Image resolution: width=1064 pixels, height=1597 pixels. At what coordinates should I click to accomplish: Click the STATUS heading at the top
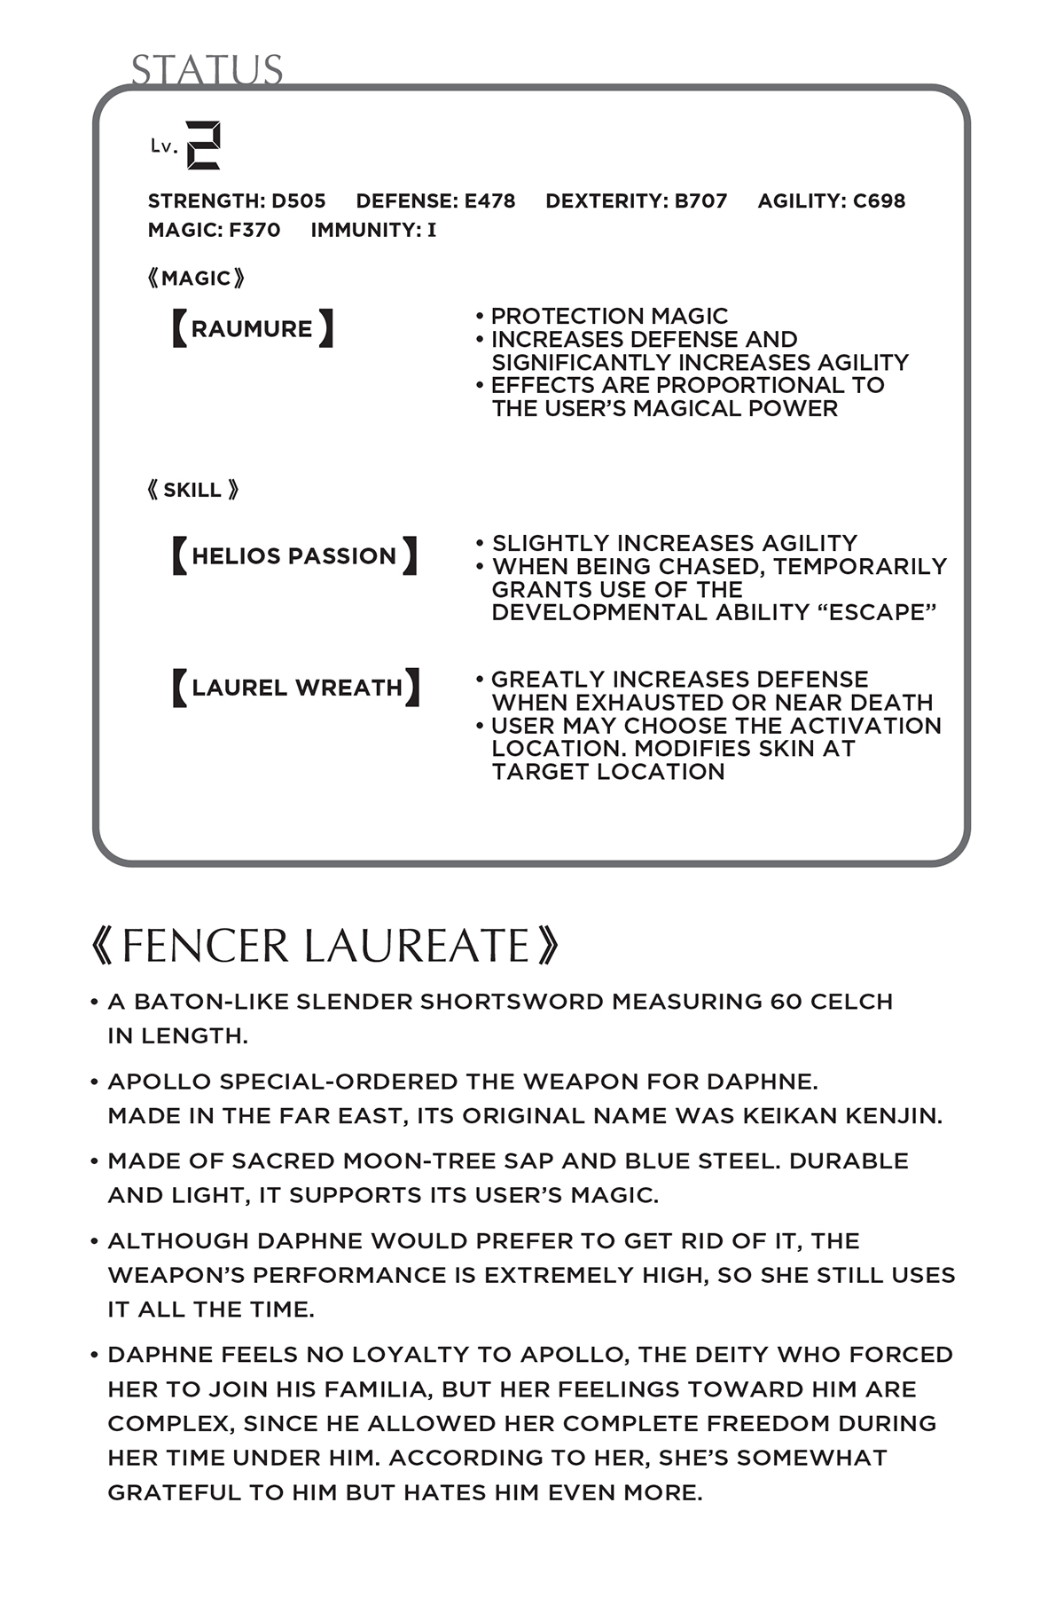207,70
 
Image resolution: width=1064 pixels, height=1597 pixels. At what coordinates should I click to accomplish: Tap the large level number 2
203,146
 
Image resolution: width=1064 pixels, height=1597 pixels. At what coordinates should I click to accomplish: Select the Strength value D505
299,201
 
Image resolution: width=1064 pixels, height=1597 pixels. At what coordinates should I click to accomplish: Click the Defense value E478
489,201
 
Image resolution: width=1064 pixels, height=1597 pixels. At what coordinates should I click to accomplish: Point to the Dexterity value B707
700,201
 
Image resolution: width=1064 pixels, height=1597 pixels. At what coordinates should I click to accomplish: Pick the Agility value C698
879,201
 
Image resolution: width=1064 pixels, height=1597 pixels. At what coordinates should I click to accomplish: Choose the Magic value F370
254,231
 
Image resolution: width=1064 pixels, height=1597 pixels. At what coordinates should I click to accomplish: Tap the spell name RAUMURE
252,329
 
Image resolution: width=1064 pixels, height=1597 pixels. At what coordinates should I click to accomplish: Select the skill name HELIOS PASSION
293,556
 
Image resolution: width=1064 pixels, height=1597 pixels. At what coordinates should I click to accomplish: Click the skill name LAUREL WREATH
296,688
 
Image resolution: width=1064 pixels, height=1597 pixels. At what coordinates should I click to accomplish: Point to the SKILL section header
192,490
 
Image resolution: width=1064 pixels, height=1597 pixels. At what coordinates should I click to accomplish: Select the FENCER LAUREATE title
325,946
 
